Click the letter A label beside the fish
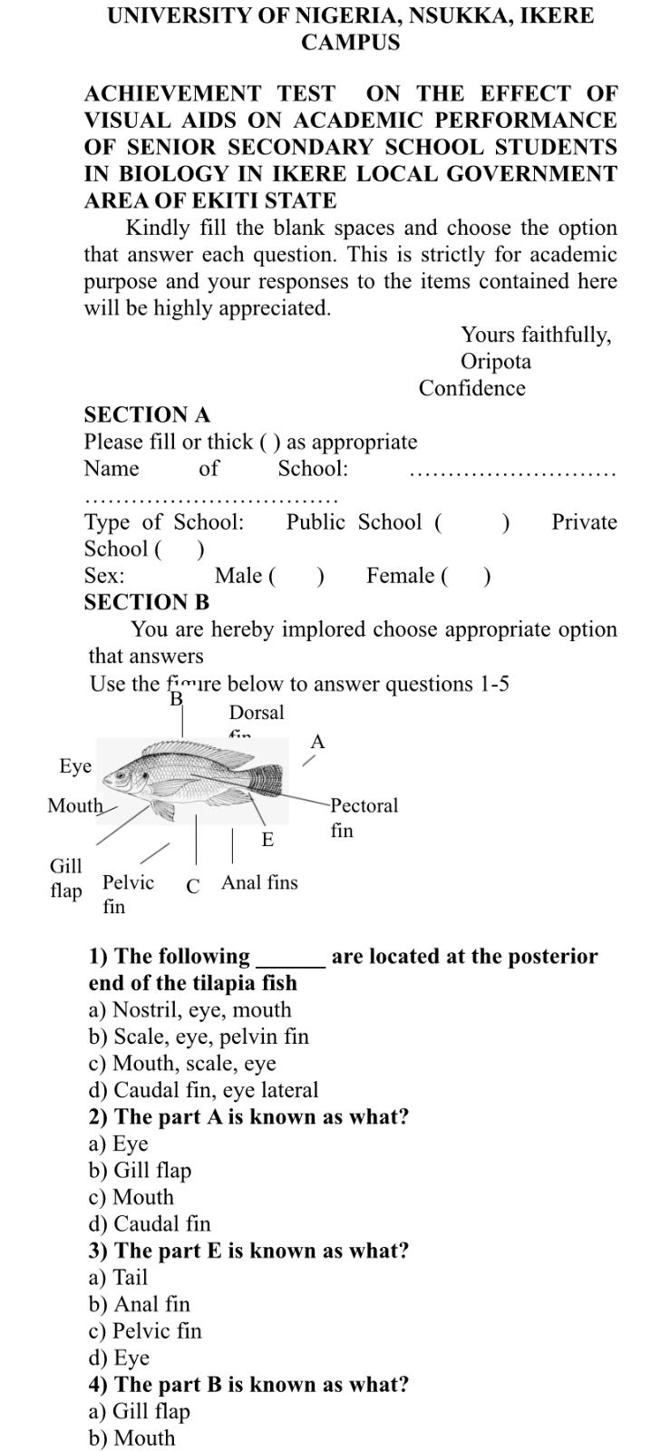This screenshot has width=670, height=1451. [316, 742]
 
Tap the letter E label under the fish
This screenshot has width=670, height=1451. [267, 840]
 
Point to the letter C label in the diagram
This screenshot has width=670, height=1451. [192, 886]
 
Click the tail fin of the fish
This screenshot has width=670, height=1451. [267, 779]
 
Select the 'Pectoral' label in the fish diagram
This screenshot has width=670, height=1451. [364, 805]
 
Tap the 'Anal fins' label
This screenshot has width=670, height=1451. [259, 882]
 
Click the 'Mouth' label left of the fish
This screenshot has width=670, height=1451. [75, 805]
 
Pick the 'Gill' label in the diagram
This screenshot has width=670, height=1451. [65, 866]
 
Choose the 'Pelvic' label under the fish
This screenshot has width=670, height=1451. [128, 882]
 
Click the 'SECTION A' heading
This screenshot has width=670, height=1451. [147, 414]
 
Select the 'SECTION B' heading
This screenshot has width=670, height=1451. [147, 602]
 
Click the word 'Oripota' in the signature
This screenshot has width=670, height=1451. [496, 362]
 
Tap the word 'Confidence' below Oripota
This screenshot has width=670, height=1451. [471, 388]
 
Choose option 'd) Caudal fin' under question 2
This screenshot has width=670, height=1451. [150, 1223]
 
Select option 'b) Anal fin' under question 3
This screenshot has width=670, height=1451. [140, 1304]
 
